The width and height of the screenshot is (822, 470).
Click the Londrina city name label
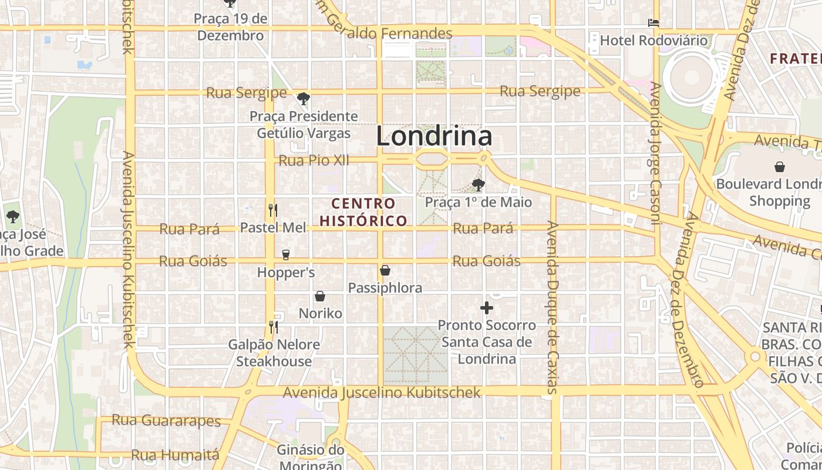pyautogui.click(x=434, y=137)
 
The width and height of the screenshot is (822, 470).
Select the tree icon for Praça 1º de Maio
pyautogui.click(x=479, y=185)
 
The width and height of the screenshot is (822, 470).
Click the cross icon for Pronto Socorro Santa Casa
pyautogui.click(x=486, y=307)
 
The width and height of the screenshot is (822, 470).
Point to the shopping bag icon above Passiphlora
pyautogui.click(x=385, y=270)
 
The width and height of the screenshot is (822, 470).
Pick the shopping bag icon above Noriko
pyautogui.click(x=320, y=296)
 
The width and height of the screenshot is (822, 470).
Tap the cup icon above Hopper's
pyautogui.click(x=286, y=254)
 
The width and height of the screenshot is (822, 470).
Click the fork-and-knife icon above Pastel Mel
pyautogui.click(x=272, y=210)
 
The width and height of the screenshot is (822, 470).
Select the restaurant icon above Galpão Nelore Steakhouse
pyautogui.click(x=273, y=327)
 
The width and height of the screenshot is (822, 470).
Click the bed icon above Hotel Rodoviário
pyautogui.click(x=653, y=23)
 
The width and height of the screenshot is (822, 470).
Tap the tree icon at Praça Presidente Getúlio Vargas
pyautogui.click(x=303, y=98)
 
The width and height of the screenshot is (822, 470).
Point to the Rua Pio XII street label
pyautogui.click(x=314, y=160)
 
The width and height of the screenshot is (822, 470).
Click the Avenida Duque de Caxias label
pyautogui.click(x=552, y=307)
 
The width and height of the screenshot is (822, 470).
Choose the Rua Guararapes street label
pyautogui.click(x=166, y=421)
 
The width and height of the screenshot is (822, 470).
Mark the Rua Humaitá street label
pyautogui.click(x=175, y=455)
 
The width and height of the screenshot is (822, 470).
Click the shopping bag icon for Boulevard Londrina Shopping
pyautogui.click(x=780, y=167)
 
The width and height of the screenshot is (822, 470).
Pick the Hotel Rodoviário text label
pyautogui.click(x=653, y=41)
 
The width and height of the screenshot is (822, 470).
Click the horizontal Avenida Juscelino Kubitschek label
pyautogui.click(x=382, y=392)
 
